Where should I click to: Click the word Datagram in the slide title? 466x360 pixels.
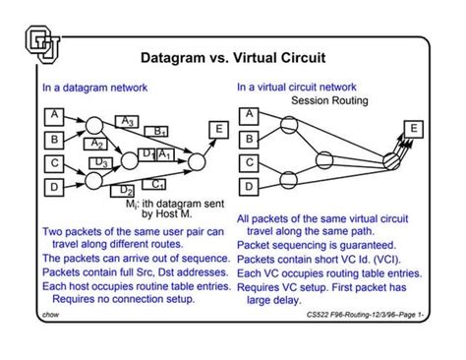click(x=171, y=57)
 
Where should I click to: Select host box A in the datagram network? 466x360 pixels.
click(x=55, y=116)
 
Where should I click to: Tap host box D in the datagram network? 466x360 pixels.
click(x=55, y=184)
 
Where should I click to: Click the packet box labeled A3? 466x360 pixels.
click(x=126, y=121)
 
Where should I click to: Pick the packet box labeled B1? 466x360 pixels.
click(x=157, y=131)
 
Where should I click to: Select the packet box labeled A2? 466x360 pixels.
click(x=97, y=144)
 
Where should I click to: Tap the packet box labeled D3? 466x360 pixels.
click(x=101, y=161)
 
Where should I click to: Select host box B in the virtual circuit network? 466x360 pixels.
click(x=249, y=139)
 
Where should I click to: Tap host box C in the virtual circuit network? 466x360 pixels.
click(x=249, y=162)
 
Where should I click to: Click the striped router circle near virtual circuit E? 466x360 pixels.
click(x=388, y=150)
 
